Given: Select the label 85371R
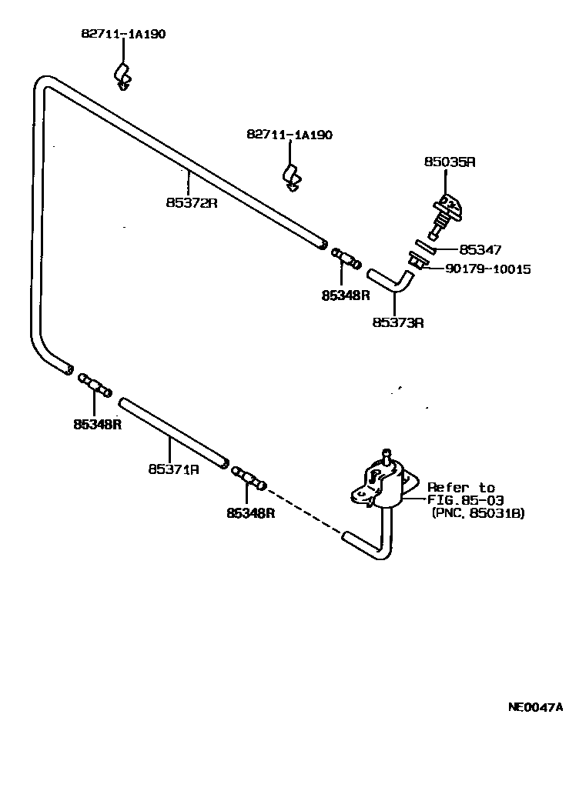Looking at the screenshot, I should click(174, 468).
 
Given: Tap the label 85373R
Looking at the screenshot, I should click(398, 322).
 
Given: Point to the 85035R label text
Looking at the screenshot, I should click(450, 162).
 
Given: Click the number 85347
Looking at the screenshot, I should click(480, 250).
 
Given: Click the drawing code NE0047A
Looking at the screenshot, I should click(534, 706).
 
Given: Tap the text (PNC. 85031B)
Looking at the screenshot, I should click(477, 513).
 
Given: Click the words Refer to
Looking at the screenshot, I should click(460, 487).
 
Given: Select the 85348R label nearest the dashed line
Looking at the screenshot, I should click(250, 512).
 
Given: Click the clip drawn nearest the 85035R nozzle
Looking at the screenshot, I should click(291, 176).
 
